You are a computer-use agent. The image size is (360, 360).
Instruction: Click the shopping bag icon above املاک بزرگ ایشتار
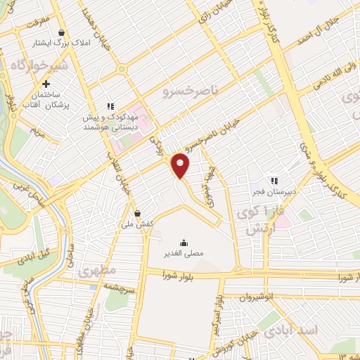(62, 32)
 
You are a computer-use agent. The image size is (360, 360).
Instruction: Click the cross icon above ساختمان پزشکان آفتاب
(46, 84)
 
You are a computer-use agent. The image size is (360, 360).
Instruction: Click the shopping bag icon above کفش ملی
(137, 212)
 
